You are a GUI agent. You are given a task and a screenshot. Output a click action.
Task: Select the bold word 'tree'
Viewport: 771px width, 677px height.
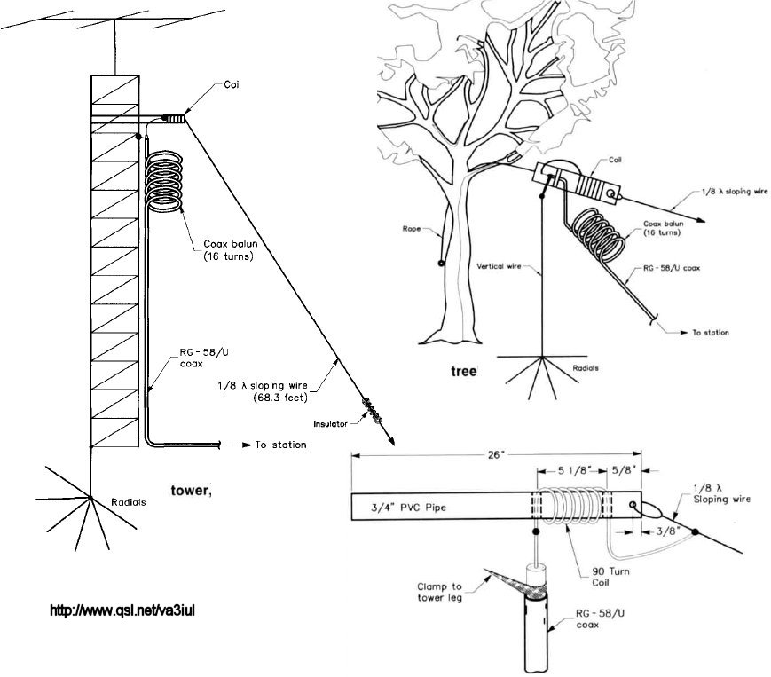(x=463, y=371)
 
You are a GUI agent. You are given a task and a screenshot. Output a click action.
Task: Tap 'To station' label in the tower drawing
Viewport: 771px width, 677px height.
(x=280, y=445)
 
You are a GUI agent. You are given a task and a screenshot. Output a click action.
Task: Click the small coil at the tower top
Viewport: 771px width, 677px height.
(x=176, y=118)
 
